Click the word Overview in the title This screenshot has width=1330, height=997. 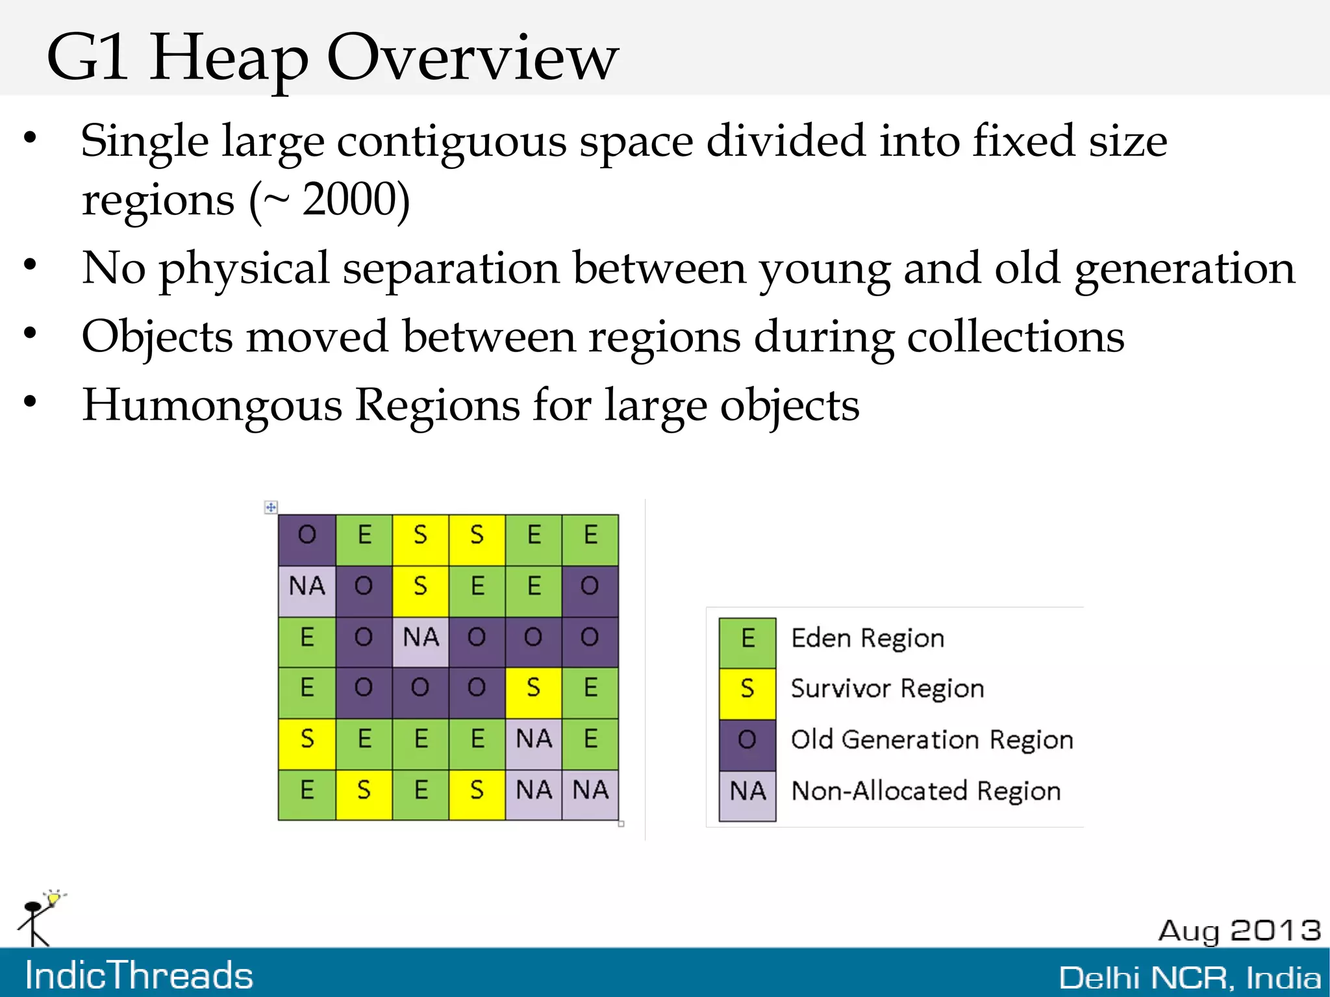pyautogui.click(x=472, y=58)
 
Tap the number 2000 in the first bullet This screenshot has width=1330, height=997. pyautogui.click(x=356, y=199)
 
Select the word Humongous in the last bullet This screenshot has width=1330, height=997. pyautogui.click(x=212, y=405)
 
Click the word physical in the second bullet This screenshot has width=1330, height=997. pyautogui.click(x=244, y=269)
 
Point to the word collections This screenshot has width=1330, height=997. pyautogui.click(x=1015, y=337)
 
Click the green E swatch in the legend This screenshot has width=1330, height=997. pyautogui.click(x=747, y=639)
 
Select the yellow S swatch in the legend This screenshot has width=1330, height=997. pyautogui.click(x=747, y=690)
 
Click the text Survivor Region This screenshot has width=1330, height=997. pyautogui.click(x=887, y=688)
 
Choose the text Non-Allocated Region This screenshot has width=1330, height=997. pyautogui.click(x=925, y=791)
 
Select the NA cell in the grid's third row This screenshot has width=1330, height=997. pyautogui.click(x=420, y=638)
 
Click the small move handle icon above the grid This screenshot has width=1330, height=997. pyautogui.click(x=271, y=507)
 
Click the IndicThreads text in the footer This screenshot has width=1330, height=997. pyautogui.click(x=139, y=976)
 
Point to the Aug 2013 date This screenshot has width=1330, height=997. pyautogui.click(x=1239, y=931)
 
